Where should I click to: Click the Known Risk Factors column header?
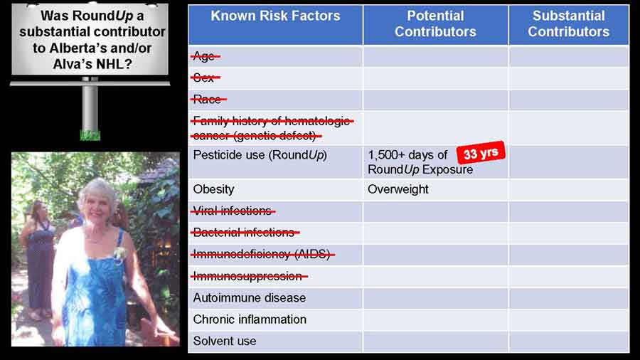(x=275, y=16)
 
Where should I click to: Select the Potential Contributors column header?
(x=435, y=23)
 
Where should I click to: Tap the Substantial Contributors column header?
(x=569, y=23)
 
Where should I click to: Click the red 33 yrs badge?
(x=481, y=154)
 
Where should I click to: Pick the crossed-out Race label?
(x=208, y=99)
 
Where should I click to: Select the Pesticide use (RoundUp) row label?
(x=260, y=155)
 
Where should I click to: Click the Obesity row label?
(x=213, y=189)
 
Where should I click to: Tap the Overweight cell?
(x=398, y=189)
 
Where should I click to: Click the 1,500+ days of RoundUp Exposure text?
(x=420, y=162)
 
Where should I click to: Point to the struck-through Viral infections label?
(x=233, y=211)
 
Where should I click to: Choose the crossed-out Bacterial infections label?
(x=245, y=232)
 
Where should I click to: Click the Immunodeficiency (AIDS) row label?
(x=263, y=254)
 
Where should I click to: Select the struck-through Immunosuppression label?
(x=249, y=276)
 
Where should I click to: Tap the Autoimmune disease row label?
(x=250, y=297)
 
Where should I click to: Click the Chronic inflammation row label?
(x=250, y=319)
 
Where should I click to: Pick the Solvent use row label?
(x=225, y=341)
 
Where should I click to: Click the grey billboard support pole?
(x=90, y=108)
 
